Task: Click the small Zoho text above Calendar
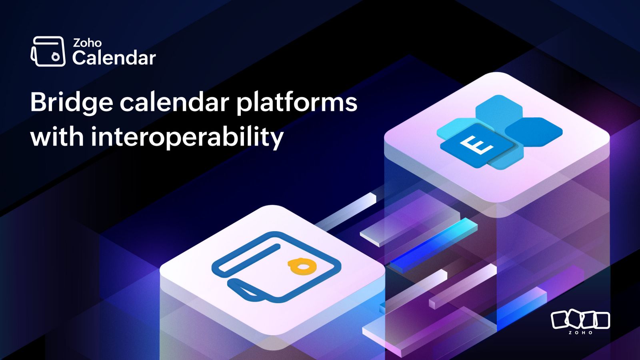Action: click(87, 43)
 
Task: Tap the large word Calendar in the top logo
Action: click(114, 58)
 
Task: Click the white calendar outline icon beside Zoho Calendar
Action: click(48, 52)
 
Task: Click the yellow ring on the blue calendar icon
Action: click(302, 266)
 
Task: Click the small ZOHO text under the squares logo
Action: click(580, 332)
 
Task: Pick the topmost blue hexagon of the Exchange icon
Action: click(499, 110)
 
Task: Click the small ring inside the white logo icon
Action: click(56, 57)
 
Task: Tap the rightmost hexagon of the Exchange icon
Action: click(534, 132)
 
